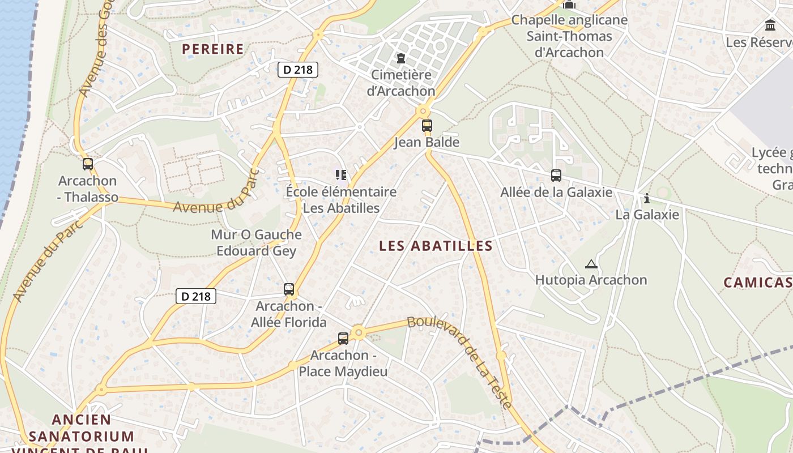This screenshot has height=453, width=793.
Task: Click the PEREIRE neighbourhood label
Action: click(x=213, y=49)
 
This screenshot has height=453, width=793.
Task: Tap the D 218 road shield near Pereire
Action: click(x=298, y=70)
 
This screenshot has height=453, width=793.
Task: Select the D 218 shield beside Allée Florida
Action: click(x=196, y=296)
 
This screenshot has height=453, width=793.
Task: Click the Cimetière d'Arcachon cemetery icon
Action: click(x=401, y=58)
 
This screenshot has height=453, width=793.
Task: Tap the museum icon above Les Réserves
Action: click(x=770, y=25)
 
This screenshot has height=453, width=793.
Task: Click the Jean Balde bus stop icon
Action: click(x=427, y=126)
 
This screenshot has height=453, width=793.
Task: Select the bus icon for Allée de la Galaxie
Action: click(x=556, y=176)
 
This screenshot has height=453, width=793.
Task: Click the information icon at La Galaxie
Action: click(x=647, y=198)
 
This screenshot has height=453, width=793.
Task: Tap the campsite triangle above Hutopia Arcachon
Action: click(x=591, y=264)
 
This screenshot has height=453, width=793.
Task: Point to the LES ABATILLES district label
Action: click(x=436, y=246)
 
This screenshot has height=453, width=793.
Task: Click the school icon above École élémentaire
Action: click(x=340, y=174)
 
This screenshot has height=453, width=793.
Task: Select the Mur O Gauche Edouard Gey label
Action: click(x=256, y=242)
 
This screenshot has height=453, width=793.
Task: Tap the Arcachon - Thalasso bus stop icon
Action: click(x=88, y=164)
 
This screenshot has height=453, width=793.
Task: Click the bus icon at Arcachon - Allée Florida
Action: click(x=289, y=289)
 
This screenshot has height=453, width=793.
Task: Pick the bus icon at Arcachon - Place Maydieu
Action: click(x=343, y=339)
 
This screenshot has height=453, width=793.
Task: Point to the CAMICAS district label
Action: click(x=758, y=283)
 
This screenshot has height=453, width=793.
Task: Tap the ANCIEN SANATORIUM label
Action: click(x=82, y=429)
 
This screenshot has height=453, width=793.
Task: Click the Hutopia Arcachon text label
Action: click(x=591, y=280)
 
